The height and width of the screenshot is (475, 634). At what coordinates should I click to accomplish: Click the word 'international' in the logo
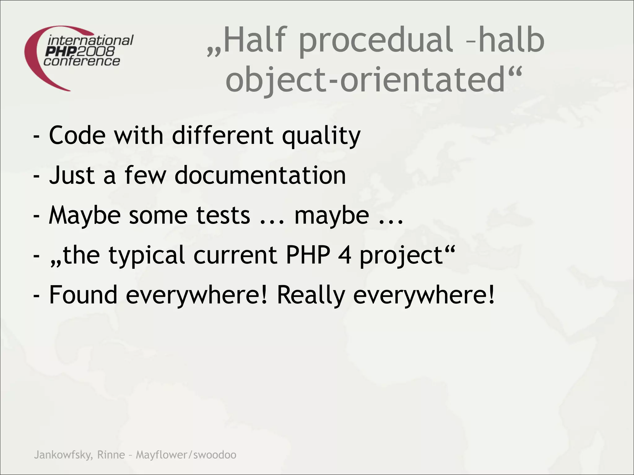90,41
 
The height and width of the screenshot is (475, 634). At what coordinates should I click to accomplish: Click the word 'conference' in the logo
82,61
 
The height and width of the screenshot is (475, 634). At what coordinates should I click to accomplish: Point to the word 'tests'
223,215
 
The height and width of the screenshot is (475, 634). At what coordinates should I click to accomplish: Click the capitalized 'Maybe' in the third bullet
85,216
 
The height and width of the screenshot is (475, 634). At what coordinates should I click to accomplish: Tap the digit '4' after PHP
345,255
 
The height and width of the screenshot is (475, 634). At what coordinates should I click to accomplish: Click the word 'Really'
310,295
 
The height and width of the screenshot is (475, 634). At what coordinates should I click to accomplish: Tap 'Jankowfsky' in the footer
63,455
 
